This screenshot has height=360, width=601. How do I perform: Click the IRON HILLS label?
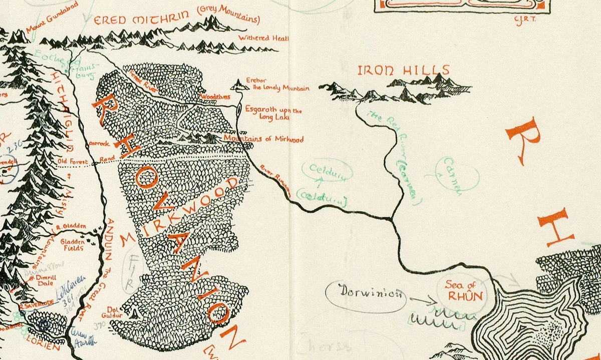pyautogui.click(x=404, y=70)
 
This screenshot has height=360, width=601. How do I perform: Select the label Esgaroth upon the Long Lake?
pyautogui.click(x=273, y=114)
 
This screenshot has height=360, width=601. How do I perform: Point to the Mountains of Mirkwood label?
pyautogui.click(x=263, y=139)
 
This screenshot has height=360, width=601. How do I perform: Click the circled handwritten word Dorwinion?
pyautogui.click(x=365, y=292)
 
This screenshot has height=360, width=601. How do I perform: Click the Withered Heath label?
pyautogui.click(x=261, y=38)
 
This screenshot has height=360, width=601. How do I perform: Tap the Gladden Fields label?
pyautogui.click(x=73, y=244)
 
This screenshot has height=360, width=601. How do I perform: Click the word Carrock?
pyautogui.click(x=99, y=143)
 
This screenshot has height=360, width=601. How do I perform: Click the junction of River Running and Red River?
pyautogui.click(x=391, y=219)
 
